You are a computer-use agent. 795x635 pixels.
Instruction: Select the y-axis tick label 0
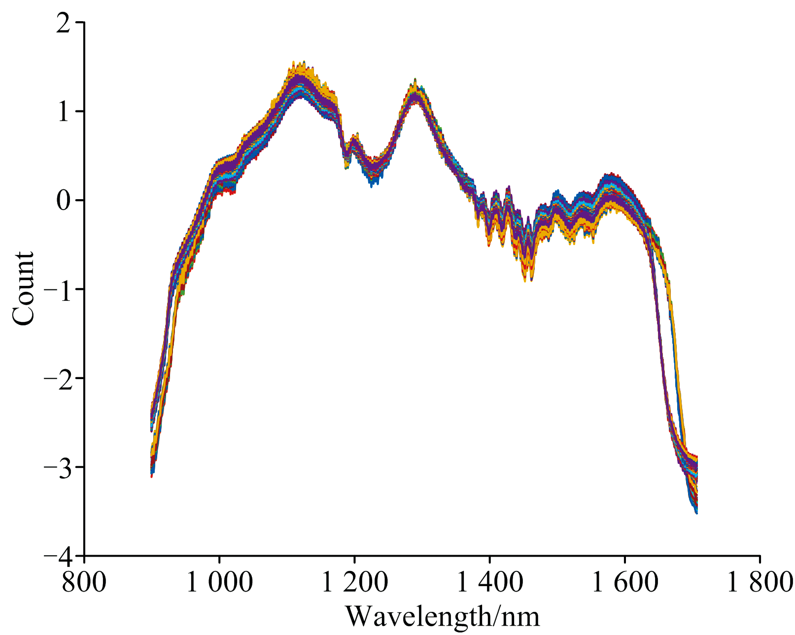click(64, 201)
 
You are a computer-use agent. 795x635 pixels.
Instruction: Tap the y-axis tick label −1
click(58, 289)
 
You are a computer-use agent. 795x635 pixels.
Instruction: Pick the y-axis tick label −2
click(58, 379)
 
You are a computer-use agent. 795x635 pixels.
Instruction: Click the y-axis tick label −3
click(58, 467)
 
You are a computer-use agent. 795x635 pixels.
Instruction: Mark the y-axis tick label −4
click(58, 556)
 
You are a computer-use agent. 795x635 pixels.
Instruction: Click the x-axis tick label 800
click(84, 582)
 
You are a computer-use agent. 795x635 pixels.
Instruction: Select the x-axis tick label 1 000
click(219, 582)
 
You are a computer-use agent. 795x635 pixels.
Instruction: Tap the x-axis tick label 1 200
click(354, 582)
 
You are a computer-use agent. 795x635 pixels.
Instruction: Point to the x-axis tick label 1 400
click(489, 582)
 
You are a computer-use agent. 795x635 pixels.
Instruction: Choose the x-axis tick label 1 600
click(625, 582)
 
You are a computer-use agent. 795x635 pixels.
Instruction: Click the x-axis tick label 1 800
click(759, 582)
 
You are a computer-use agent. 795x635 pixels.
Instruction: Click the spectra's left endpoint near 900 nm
click(152, 444)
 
